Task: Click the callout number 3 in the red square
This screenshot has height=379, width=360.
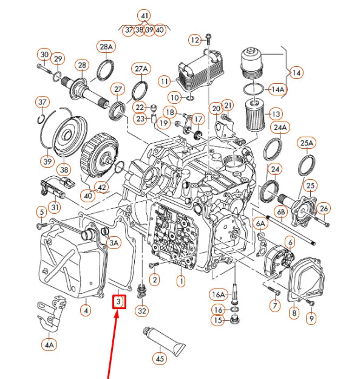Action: click(x=119, y=301)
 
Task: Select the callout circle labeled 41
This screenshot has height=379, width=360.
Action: click(x=144, y=15)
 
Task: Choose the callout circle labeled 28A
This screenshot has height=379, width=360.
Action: click(x=106, y=47)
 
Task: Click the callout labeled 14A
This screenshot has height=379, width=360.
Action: click(x=277, y=89)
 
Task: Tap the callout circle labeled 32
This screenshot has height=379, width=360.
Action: click(x=142, y=312)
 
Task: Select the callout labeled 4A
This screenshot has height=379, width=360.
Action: click(x=49, y=344)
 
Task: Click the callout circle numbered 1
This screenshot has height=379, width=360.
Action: click(x=180, y=281)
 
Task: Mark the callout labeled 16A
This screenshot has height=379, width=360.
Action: click(x=219, y=295)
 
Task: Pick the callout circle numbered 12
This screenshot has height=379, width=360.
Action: click(x=194, y=40)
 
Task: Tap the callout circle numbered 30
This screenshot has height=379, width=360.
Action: click(x=44, y=54)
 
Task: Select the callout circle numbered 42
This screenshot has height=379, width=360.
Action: click(x=102, y=187)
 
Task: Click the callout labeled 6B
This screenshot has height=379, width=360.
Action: click(x=281, y=212)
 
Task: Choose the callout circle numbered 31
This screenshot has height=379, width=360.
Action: click(x=55, y=207)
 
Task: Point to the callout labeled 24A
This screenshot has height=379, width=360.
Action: click(x=280, y=128)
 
